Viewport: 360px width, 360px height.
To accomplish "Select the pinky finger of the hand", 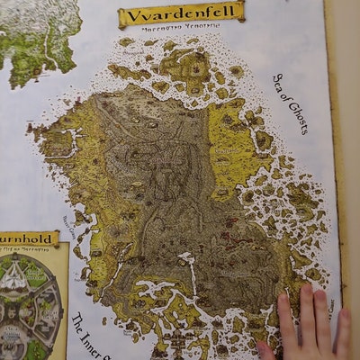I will (x=344, y=319).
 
